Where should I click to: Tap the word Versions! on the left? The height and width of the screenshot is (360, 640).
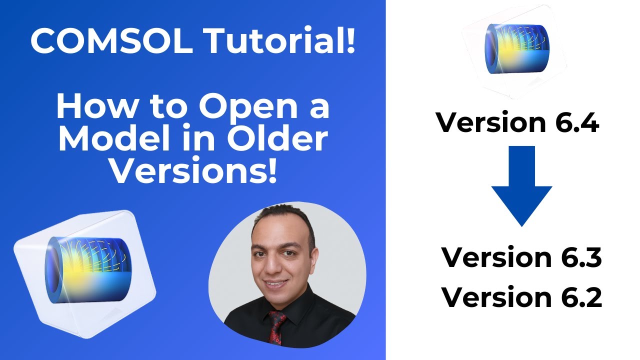click(x=193, y=172)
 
